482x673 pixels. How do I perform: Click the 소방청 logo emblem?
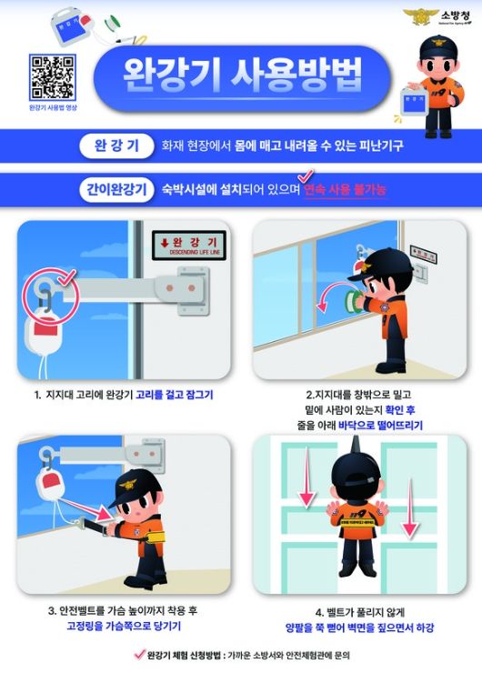click(421, 16)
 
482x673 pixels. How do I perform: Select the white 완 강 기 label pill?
click(115, 145)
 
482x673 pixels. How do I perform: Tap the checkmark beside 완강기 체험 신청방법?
click(138, 653)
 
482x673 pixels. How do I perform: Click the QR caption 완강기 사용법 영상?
click(53, 107)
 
